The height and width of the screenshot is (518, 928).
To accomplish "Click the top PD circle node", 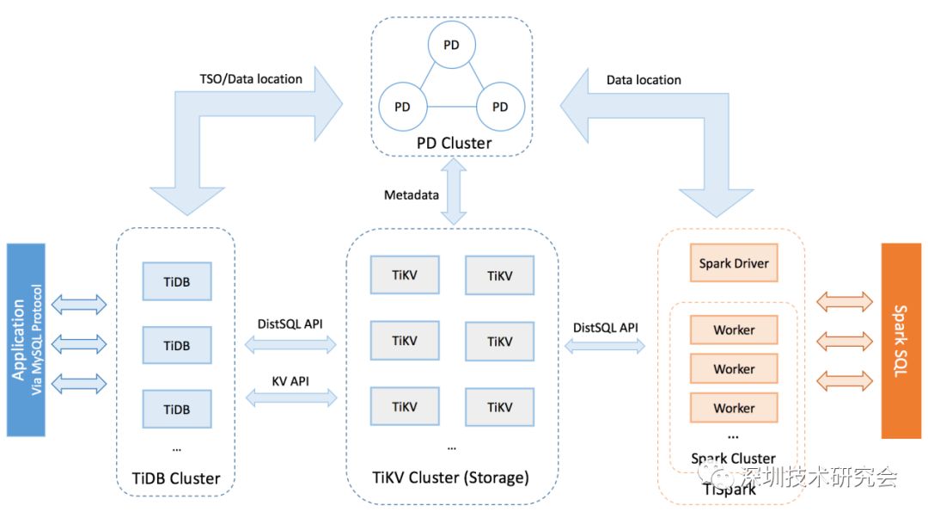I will point(451,46).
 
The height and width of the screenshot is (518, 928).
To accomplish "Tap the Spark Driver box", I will point(734,263).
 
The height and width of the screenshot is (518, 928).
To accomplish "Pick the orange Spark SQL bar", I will point(901,340).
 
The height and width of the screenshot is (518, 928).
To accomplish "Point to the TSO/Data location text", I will point(250,79).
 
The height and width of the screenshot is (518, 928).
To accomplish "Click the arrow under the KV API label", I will point(290,398).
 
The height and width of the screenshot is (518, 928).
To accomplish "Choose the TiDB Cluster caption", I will point(176,478).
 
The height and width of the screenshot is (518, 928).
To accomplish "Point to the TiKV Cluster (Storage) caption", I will point(450,478).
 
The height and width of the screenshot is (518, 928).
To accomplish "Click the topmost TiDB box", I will point(176,281).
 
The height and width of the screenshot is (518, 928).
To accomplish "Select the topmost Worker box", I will point(734,330).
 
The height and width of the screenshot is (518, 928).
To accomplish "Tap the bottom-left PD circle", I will point(401,108).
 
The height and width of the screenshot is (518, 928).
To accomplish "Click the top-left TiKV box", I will point(404,275).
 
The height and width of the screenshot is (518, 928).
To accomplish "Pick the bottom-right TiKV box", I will point(499,407).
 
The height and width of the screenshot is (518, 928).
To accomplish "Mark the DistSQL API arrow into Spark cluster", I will point(605,345).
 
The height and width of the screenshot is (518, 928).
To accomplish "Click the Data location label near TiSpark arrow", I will point(644,80).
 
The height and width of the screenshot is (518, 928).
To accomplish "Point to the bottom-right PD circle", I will point(500,108).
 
